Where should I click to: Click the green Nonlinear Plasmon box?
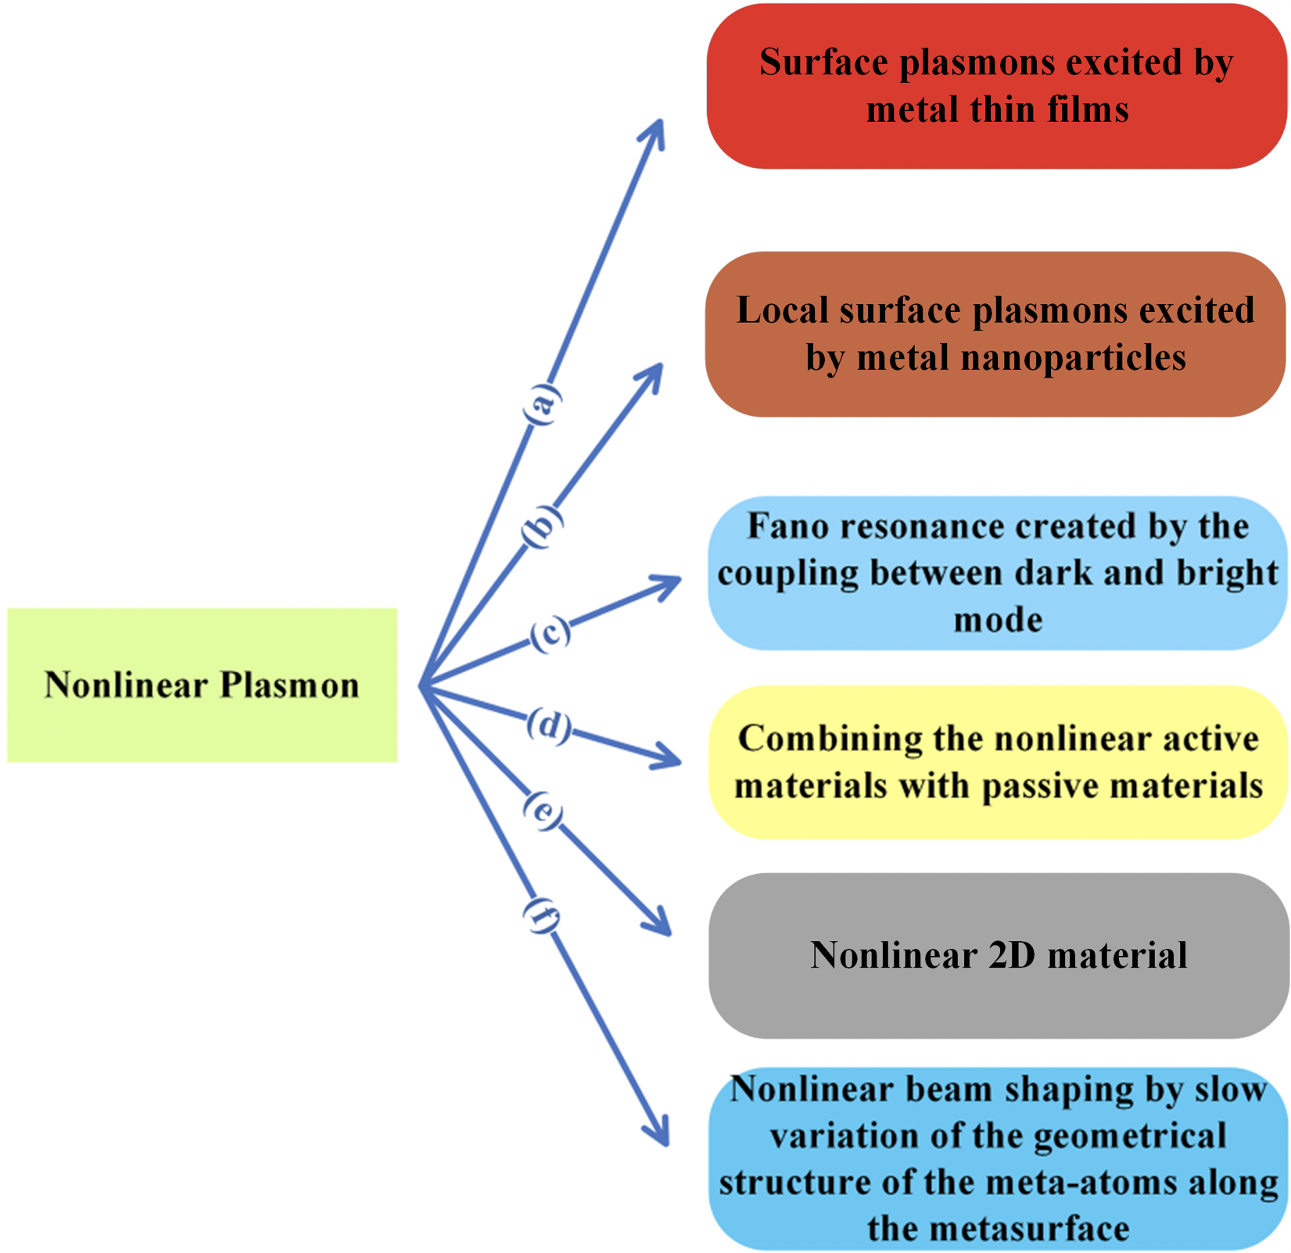[x=202, y=685]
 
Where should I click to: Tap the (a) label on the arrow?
[x=541, y=404]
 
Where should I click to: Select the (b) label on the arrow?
[x=541, y=525]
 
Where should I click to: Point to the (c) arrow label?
[x=550, y=633]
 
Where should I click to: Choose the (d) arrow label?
[x=549, y=725]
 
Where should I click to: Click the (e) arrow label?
[x=543, y=811]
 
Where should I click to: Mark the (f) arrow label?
[x=541, y=915]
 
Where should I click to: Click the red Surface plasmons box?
[x=996, y=86]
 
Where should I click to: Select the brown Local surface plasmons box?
[x=995, y=334]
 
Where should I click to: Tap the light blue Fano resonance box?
[x=997, y=573]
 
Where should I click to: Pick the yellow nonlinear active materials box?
[x=998, y=762]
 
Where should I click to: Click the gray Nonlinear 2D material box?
[x=998, y=955]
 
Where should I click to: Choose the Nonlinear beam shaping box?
[x=998, y=1158]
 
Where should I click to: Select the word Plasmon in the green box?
[x=289, y=685]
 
